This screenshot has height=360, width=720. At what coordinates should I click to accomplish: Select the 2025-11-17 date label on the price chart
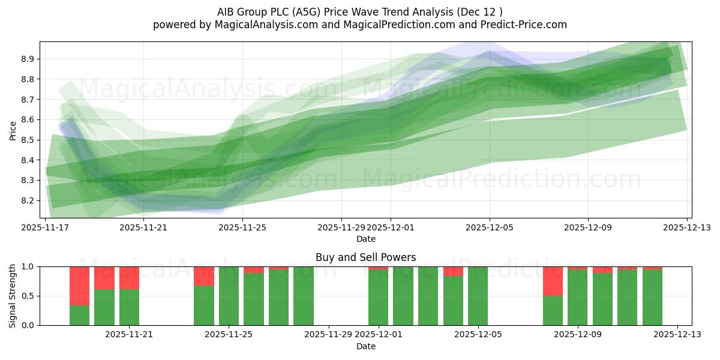[x=45, y=228]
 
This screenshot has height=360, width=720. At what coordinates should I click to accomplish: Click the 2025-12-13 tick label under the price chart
[x=686, y=228]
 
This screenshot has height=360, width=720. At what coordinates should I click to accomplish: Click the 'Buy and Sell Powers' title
[x=365, y=257]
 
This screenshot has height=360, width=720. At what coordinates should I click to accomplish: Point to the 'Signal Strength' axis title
[x=13, y=296]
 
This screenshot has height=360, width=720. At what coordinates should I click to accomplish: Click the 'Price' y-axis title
[x=13, y=130]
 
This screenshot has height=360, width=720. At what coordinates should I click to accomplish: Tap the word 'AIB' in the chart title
[x=227, y=11]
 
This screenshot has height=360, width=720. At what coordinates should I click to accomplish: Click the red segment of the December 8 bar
[x=553, y=281]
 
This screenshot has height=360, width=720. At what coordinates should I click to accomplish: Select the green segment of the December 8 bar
[x=553, y=310]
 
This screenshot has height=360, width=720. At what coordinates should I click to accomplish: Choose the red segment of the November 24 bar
[x=204, y=275]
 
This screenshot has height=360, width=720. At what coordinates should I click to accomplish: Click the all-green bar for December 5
[x=478, y=296]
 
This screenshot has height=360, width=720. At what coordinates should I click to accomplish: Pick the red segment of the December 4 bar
[x=453, y=271]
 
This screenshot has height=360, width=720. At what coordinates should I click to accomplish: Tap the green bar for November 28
[x=304, y=296]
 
